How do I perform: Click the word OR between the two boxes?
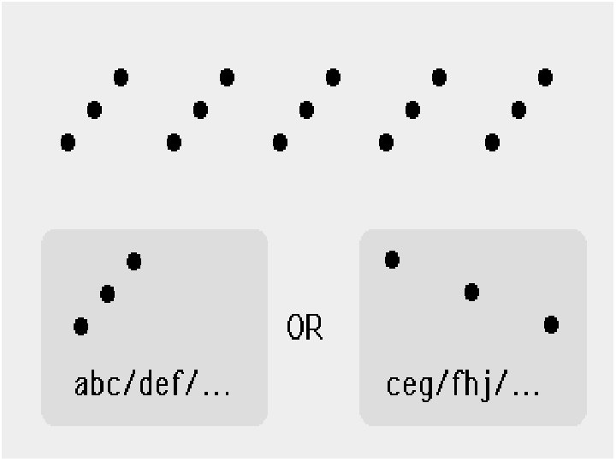tap(305, 328)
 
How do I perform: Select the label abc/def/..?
tap(153, 386)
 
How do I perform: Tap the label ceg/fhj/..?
tap(463, 386)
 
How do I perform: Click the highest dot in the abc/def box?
tap(134, 261)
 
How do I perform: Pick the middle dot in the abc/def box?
tap(107, 294)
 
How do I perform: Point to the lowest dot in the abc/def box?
tap(80, 326)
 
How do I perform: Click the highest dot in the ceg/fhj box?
tap(392, 259)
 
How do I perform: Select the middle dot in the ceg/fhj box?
tap(471, 293)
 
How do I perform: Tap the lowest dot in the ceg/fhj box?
tap(551, 325)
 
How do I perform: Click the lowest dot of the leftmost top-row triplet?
tap(68, 142)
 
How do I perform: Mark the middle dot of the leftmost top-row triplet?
tap(94, 110)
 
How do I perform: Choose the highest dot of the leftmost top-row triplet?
tap(121, 78)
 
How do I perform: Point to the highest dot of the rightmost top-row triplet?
tap(545, 78)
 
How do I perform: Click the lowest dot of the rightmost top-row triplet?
tap(492, 142)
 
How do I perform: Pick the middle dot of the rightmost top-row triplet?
tap(518, 110)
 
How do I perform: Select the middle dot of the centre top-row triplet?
tap(306, 110)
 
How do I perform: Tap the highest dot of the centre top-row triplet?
tap(333, 78)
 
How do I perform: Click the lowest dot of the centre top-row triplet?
tap(280, 142)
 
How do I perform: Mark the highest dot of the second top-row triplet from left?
tap(227, 78)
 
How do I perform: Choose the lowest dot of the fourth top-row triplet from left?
tap(386, 142)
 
